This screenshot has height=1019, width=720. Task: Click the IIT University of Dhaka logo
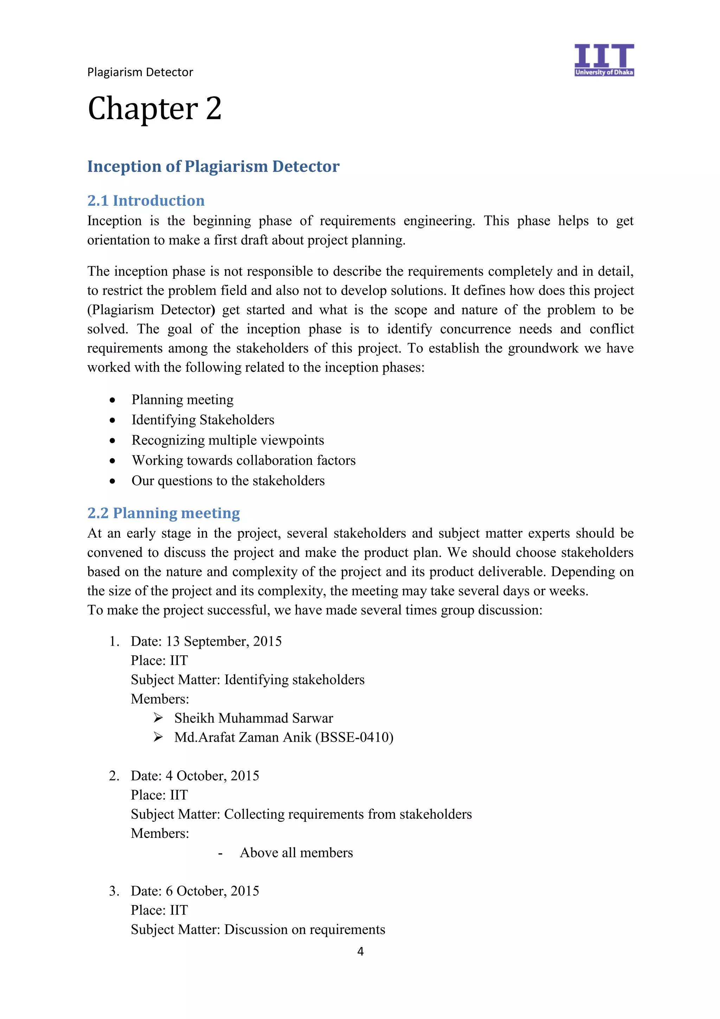coord(603,60)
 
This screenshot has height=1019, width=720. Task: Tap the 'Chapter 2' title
coord(154,109)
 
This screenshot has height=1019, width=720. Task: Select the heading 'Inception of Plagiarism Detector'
coord(213,166)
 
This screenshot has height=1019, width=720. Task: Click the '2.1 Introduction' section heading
coord(146,201)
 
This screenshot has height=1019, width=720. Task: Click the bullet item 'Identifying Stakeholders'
coord(203,420)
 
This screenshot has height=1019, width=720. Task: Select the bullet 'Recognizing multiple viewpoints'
coord(227,440)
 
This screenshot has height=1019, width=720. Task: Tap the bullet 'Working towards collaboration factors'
coord(244,460)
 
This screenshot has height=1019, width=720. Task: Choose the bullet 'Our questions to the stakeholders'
coord(228,481)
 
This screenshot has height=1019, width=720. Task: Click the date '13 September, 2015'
coord(224,641)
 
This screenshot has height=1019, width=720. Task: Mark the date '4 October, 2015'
coord(212,776)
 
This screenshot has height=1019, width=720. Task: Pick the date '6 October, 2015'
coord(212,891)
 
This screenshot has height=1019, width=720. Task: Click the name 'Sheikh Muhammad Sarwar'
coord(253,718)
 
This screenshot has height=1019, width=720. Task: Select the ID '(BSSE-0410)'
coord(354,737)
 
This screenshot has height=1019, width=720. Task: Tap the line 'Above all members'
coord(296,853)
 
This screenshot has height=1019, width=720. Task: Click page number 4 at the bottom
coord(360,951)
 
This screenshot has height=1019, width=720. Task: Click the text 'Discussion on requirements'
coord(304,929)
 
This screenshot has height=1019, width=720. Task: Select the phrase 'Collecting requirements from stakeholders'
coord(348,814)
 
